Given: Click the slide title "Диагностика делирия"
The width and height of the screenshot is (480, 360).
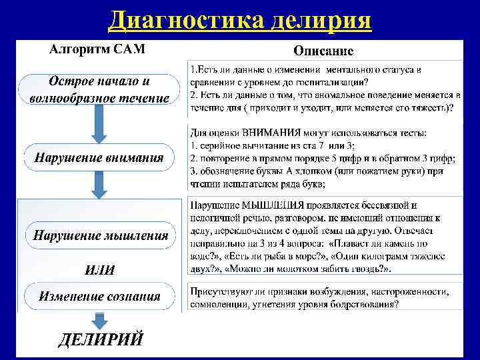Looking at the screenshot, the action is [x=240, y=20].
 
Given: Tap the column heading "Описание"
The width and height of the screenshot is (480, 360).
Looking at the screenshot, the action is [x=324, y=51].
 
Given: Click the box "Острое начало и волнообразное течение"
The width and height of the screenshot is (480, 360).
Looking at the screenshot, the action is [x=99, y=90].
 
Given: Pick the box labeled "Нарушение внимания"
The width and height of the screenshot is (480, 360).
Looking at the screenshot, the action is [x=99, y=158].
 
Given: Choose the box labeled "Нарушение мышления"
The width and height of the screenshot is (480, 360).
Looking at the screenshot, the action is [x=100, y=235].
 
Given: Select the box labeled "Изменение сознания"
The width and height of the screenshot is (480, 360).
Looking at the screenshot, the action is [x=99, y=296].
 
